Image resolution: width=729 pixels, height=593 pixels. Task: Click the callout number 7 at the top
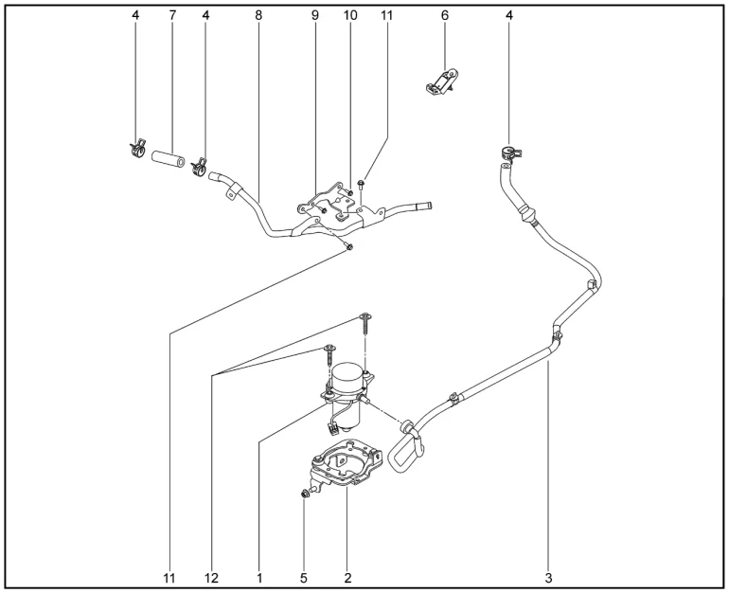(x=172, y=15)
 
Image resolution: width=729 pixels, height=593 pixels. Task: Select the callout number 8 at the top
(x=258, y=15)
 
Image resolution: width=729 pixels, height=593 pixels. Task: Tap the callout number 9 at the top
(x=315, y=15)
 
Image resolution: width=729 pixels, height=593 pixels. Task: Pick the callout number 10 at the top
(x=350, y=15)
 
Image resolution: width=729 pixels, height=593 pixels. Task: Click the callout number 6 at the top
(x=445, y=15)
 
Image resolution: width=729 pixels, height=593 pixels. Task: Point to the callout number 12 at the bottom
(x=211, y=578)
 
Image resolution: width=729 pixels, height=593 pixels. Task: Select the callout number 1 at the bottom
(x=259, y=578)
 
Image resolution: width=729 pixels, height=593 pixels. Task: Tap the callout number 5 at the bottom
(x=304, y=578)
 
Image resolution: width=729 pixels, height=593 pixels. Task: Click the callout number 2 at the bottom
(x=347, y=578)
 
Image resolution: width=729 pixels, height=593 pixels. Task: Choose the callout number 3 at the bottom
(x=548, y=578)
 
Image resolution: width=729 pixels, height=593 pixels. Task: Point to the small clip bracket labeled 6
(x=442, y=81)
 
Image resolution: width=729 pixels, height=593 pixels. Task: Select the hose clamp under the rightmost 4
(x=510, y=154)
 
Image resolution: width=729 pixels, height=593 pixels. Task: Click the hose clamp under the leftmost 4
(x=137, y=148)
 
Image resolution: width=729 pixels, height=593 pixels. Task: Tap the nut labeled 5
(x=305, y=494)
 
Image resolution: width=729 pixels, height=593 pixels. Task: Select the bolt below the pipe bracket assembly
(x=348, y=246)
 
